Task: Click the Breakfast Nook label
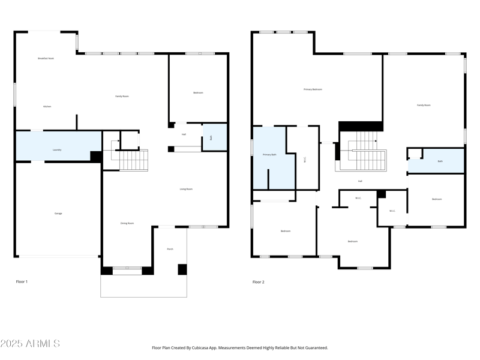click(x=46, y=58)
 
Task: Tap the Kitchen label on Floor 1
click(x=47, y=106)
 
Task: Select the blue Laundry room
click(x=57, y=146)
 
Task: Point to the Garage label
click(x=58, y=213)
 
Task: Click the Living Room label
click(x=186, y=189)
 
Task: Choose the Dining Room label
click(x=127, y=223)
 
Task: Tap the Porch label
click(x=170, y=248)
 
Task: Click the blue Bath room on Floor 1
click(x=214, y=137)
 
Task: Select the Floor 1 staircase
click(x=132, y=160)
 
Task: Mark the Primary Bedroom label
click(x=313, y=89)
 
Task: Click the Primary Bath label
click(x=269, y=155)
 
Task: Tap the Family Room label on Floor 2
click(x=424, y=105)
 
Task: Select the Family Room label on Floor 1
click(x=122, y=96)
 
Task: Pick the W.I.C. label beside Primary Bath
click(x=305, y=160)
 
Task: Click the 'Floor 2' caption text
click(x=258, y=281)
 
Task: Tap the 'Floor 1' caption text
click(x=22, y=281)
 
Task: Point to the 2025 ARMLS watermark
click(x=30, y=344)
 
